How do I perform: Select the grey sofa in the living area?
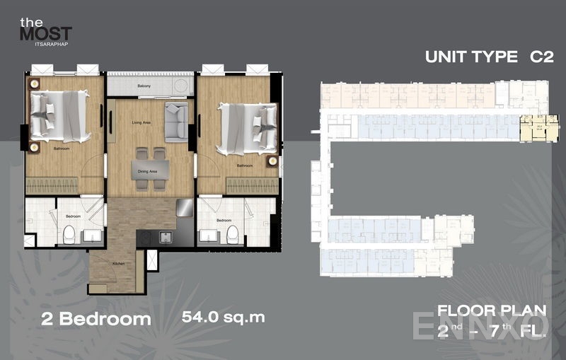175,122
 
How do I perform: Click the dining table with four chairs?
150,168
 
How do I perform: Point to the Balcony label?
144,86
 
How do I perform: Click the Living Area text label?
142,122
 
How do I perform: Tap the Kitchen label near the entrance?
117,263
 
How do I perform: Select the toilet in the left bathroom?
69,235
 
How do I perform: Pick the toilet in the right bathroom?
231,235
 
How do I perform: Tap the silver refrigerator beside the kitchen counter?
184,208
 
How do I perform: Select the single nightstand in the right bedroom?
272,161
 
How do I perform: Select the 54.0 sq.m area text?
223,317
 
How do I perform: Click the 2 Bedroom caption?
95,318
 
